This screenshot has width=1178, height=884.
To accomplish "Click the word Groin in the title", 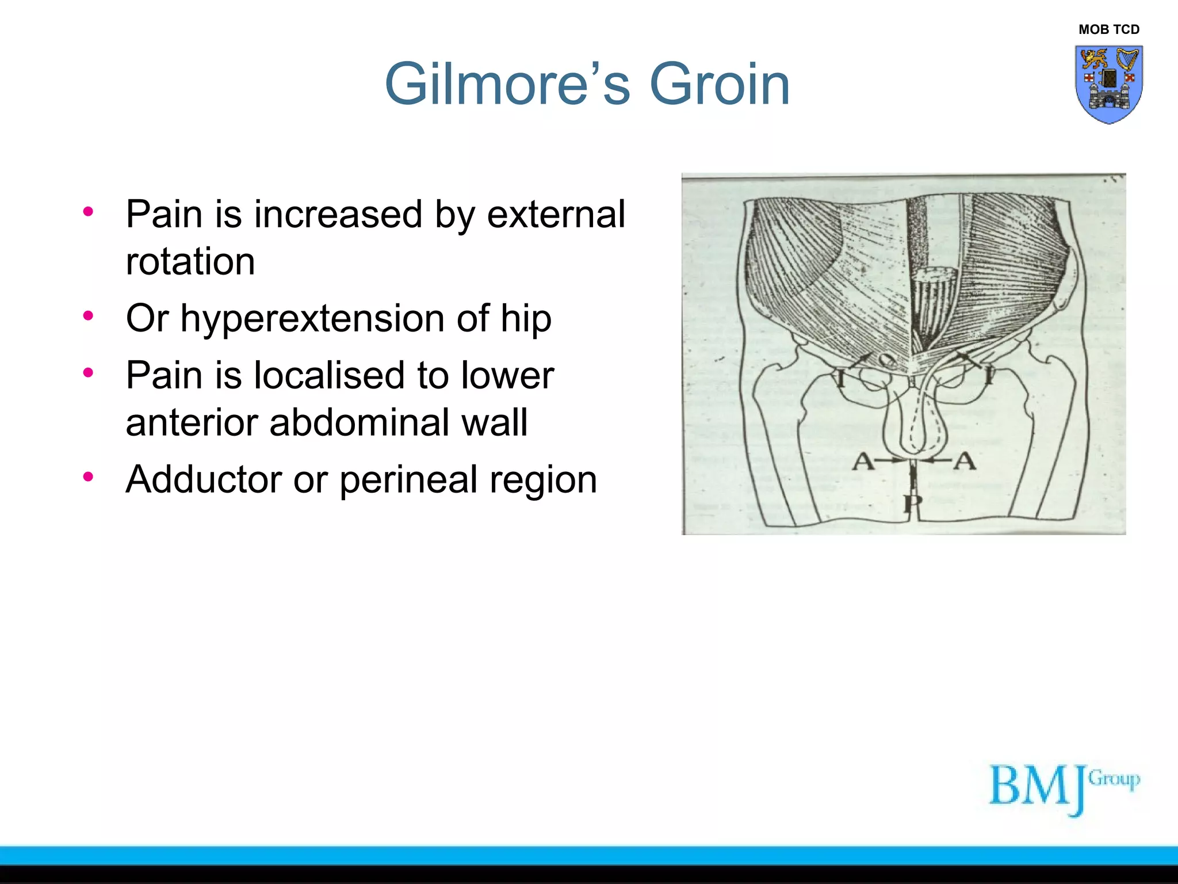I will (x=720, y=85).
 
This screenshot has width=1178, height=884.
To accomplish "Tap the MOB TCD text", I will (x=1108, y=29).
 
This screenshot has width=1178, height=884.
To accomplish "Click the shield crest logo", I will (x=1108, y=84).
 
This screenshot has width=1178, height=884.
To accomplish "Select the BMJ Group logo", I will (x=1063, y=788).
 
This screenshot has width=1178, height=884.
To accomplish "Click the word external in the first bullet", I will (x=556, y=215).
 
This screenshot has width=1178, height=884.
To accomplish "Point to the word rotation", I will (x=190, y=262).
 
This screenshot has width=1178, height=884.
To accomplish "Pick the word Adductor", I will (x=204, y=479).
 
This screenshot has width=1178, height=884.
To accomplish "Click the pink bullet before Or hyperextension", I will (x=88, y=315).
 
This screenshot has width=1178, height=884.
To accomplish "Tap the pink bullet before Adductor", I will (x=88, y=477).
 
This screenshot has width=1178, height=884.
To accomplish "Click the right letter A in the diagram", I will (x=965, y=461).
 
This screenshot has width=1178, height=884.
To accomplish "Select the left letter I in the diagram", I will (x=840, y=379).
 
